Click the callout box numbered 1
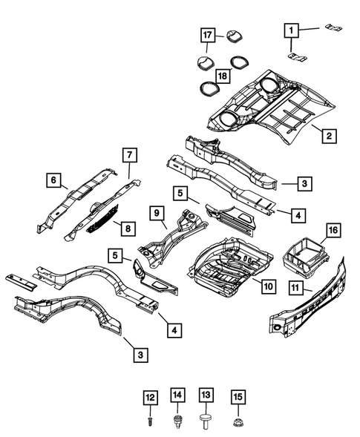[x=292, y=30]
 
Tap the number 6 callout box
[x=53, y=179]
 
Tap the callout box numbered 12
[x=151, y=398]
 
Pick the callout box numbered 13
[x=206, y=394]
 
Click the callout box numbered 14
[x=177, y=394]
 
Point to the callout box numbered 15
[x=237, y=398]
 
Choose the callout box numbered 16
[x=333, y=231]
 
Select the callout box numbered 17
[x=209, y=34]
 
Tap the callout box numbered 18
[x=220, y=76]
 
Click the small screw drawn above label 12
[x=151, y=420]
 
